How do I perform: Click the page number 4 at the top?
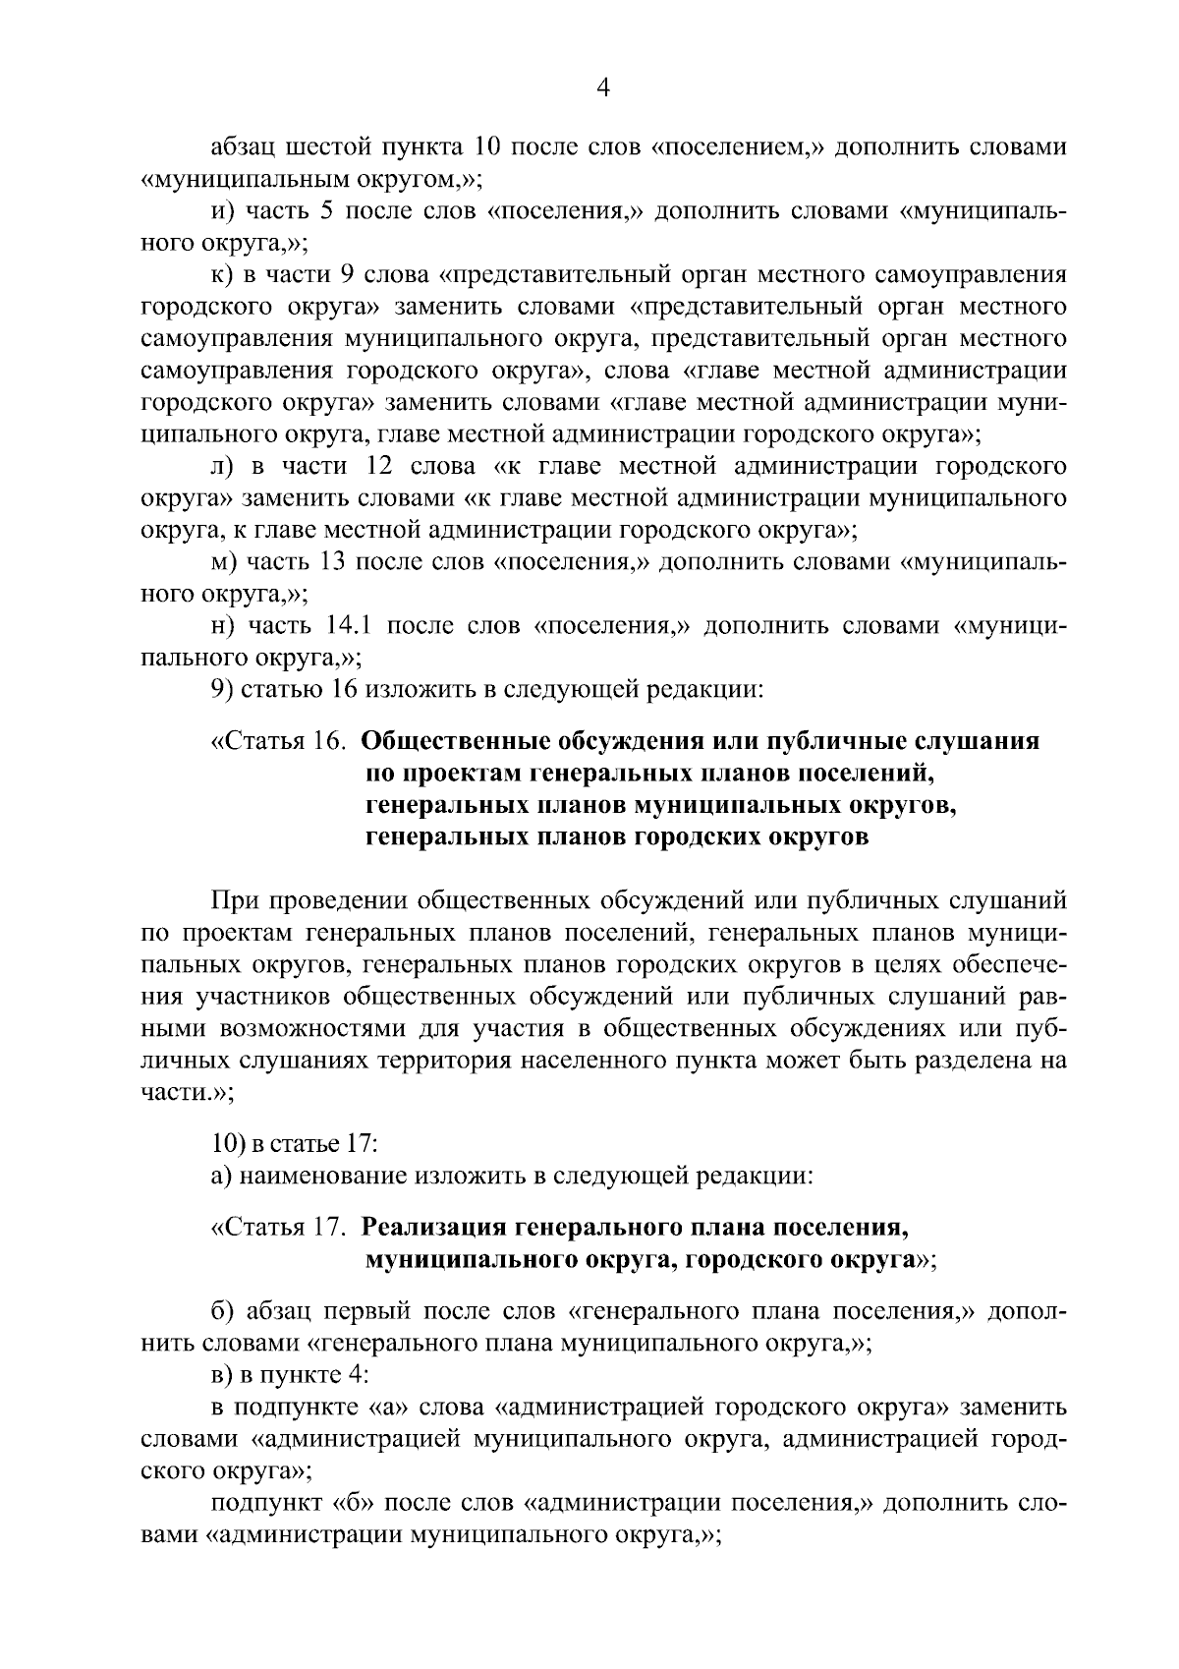pyautogui.click(x=603, y=88)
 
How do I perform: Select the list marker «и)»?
pyautogui.click(x=222, y=212)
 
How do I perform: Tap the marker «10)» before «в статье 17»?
pyautogui.click(x=228, y=1144)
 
